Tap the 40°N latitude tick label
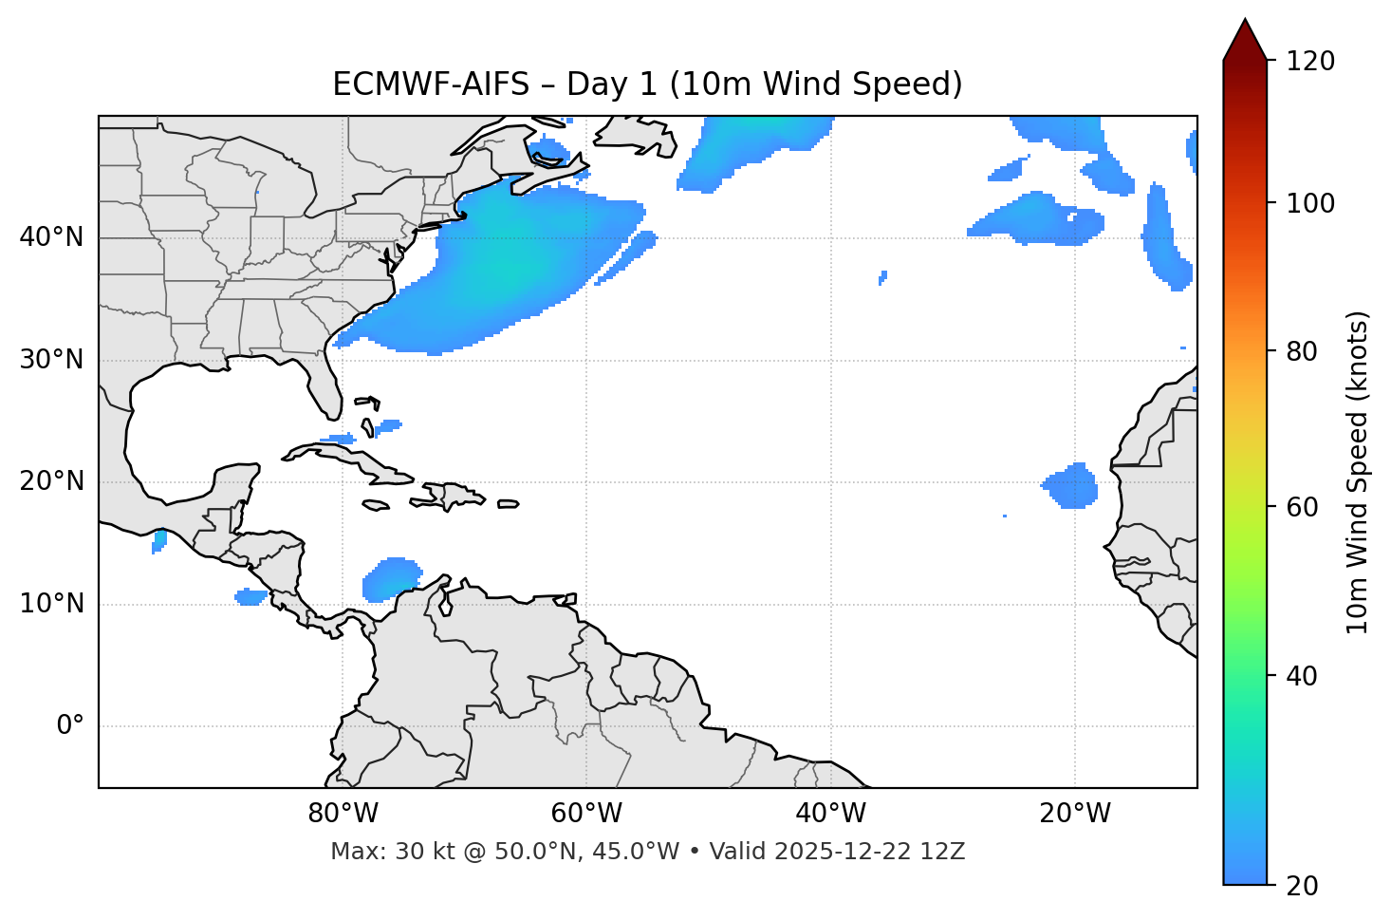[x=51, y=237]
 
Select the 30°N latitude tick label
[x=51, y=360]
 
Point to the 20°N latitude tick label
[x=51, y=481]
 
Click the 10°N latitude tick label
[x=51, y=604]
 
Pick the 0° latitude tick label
[x=70, y=726]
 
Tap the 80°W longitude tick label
[x=343, y=814]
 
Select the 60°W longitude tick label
[x=585, y=814]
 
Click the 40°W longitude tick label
[x=830, y=814]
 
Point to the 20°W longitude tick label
[x=1074, y=814]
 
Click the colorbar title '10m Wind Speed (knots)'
[x=1358, y=472]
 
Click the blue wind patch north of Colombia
[x=391, y=579]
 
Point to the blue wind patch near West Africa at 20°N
[x=1072, y=486]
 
